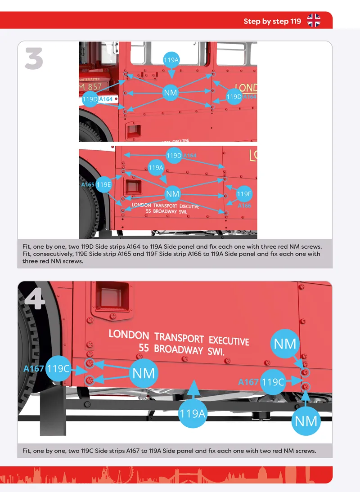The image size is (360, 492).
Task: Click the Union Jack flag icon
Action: tap(314, 20)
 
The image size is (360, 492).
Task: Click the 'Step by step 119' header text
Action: tap(272, 21)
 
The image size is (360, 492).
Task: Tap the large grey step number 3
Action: tap(34, 58)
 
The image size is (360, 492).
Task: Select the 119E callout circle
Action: tap(103, 184)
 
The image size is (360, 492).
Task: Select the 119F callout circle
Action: tap(244, 194)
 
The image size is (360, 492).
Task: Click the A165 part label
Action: tap(88, 184)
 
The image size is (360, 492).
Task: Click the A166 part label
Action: tap(244, 206)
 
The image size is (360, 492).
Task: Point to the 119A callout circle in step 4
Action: tap(192, 414)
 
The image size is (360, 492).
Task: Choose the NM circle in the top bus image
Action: tap(171, 93)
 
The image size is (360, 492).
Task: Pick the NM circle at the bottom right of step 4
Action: tap(306, 421)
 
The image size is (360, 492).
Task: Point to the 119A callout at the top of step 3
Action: tap(171, 60)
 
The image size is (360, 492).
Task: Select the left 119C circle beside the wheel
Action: tap(58, 368)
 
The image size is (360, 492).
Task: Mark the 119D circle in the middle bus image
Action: tap(174, 155)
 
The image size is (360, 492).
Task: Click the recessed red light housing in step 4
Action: tap(112, 296)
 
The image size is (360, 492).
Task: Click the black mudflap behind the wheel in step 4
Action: tap(53, 411)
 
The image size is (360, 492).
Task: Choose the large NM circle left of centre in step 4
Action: tap(144, 373)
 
